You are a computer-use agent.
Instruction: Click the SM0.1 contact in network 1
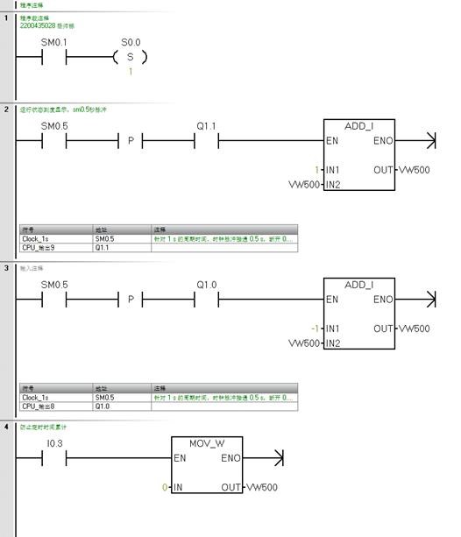coord(54,58)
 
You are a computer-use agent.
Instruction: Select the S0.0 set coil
coord(131,58)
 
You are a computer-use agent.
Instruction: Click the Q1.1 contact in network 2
coord(206,140)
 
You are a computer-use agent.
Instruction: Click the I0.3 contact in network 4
coord(54,458)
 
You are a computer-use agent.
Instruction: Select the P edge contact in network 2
coord(131,140)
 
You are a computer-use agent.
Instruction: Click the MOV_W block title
coord(207,443)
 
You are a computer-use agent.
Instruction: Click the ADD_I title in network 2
coord(358,125)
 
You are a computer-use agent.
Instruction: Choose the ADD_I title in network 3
coord(358,285)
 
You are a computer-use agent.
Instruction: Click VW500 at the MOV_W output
coord(262,487)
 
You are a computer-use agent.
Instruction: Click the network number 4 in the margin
coord(6,427)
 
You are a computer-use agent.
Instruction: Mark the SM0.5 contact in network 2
coord(54,140)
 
